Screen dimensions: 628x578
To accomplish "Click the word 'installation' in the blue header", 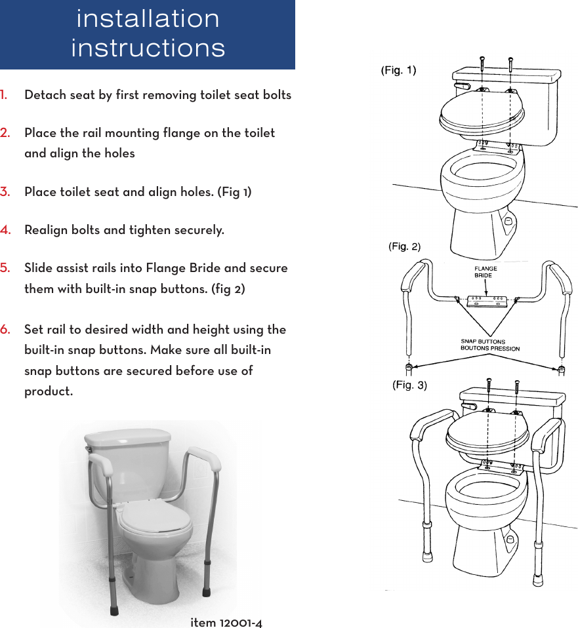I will (x=148, y=18).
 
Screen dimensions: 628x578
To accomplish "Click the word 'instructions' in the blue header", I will (x=148, y=48).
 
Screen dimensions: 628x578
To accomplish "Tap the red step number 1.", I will (x=5, y=95).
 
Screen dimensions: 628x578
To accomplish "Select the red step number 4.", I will (x=5, y=230).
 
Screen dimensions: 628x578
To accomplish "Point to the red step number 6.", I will (x=5, y=329).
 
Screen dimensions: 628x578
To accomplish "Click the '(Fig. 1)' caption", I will (x=399, y=70).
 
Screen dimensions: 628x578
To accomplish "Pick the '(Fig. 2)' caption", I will (x=405, y=246).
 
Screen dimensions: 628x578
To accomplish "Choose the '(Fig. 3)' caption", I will (x=409, y=385).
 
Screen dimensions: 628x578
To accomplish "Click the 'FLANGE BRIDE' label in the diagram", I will (x=485, y=272).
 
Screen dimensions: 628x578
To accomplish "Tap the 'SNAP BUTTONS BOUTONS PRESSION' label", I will (x=490, y=345).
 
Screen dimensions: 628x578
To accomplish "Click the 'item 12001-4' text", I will (x=226, y=621).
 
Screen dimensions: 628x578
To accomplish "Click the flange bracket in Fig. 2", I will (x=486, y=301).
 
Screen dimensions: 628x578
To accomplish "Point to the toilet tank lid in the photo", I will (x=128, y=435).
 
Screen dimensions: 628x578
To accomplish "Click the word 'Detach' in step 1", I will (x=43, y=95).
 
